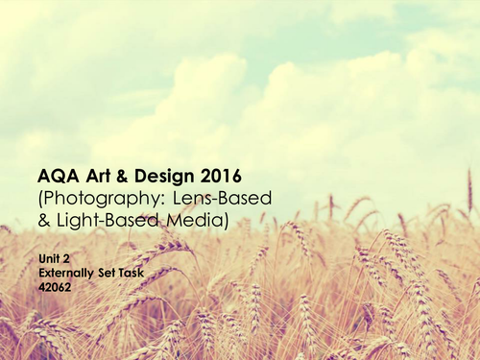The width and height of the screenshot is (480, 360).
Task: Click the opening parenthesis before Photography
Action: (x=40, y=198)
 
